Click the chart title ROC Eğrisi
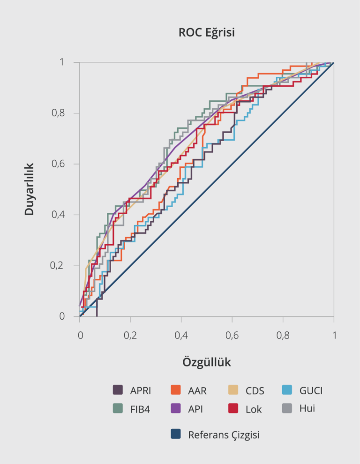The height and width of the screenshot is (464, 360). [207, 33]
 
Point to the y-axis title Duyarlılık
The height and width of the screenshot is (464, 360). [29, 189]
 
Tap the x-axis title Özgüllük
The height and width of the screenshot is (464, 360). [207, 362]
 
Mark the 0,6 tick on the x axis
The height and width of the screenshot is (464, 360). [232, 336]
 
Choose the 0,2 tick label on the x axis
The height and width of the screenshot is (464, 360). [130, 336]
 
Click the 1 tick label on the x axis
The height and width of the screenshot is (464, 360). [334, 336]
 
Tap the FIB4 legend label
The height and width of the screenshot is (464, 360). [140, 409]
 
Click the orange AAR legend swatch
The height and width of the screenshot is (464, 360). [176, 390]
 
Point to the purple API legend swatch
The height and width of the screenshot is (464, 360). [176, 408]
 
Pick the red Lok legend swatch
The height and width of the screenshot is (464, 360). [234, 408]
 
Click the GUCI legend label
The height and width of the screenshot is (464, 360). [311, 390]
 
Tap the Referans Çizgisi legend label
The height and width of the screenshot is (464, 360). [224, 435]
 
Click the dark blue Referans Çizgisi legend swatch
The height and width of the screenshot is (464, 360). [176, 434]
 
